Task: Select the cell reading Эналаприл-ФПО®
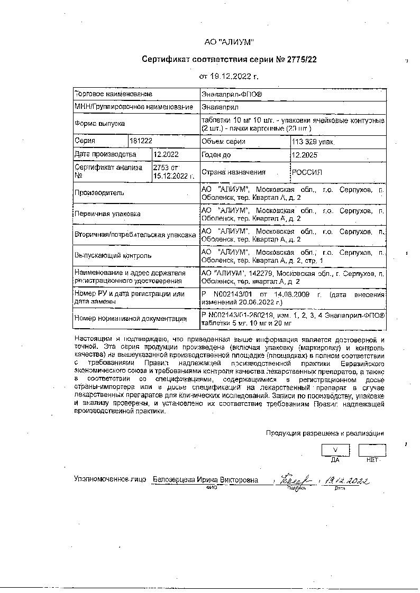(x=224, y=94)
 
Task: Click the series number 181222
(x=141, y=142)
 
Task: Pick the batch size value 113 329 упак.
(x=314, y=142)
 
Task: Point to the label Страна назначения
(x=233, y=172)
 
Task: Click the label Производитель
(x=99, y=193)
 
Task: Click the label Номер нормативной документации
(x=131, y=319)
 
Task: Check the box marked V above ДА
(x=335, y=450)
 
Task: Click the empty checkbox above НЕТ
(x=372, y=450)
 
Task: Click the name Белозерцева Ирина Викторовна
(x=205, y=480)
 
